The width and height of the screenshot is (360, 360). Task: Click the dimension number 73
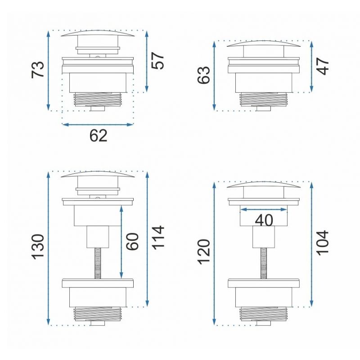point(38,70)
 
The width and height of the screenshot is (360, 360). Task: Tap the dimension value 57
point(158,61)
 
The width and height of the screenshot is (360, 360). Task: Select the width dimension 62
point(98,136)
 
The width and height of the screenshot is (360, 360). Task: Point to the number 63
point(204,75)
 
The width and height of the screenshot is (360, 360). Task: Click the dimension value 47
point(323,66)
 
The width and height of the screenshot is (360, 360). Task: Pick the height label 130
point(38,247)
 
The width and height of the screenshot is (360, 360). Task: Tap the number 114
point(158,238)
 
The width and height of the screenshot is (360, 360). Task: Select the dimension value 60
point(133,241)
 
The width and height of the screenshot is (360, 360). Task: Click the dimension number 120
point(204,252)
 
